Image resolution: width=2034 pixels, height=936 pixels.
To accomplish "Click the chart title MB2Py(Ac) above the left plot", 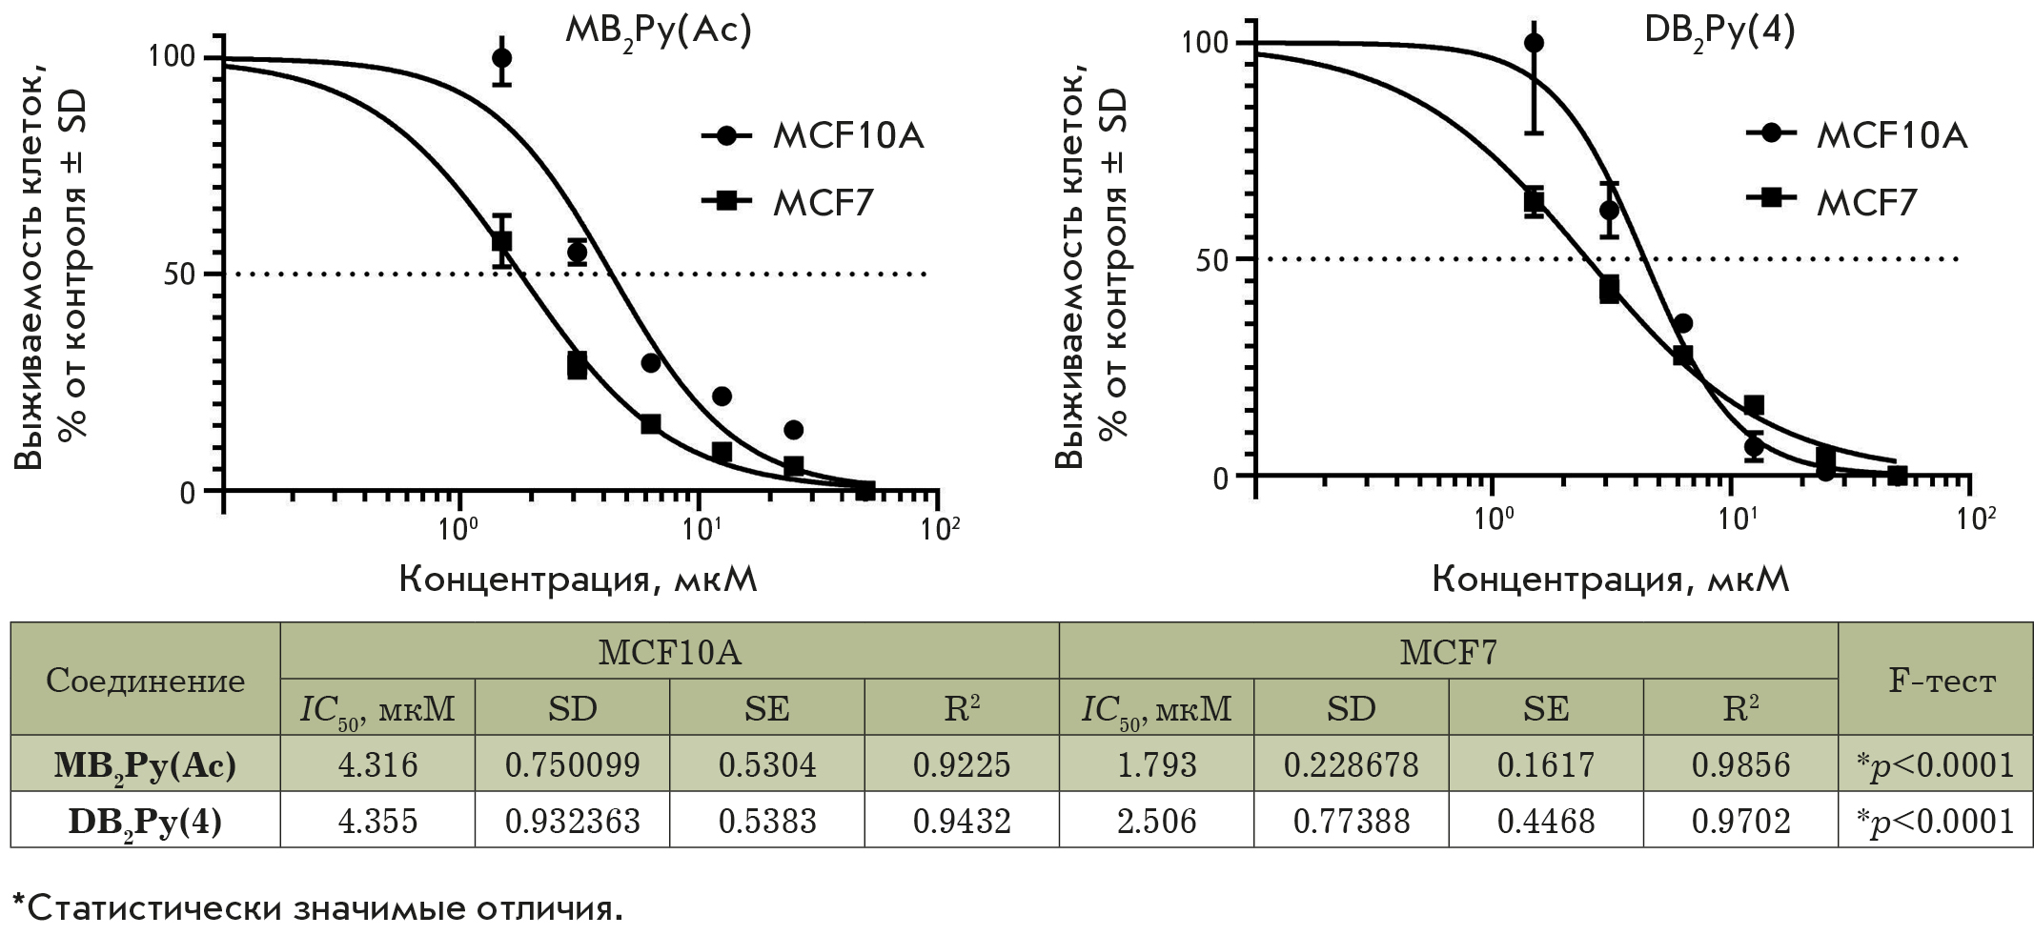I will (659, 31).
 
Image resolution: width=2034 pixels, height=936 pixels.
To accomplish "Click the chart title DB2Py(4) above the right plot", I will (1719, 31).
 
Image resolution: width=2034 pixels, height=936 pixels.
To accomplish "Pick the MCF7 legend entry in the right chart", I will (1831, 202).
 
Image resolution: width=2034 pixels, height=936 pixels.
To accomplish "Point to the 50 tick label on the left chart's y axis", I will (179, 275).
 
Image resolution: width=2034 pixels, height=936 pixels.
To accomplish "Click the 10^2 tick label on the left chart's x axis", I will (939, 527).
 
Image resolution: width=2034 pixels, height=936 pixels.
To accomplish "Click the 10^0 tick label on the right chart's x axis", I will (1494, 519).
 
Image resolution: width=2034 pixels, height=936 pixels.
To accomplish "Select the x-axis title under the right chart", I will (1610, 579).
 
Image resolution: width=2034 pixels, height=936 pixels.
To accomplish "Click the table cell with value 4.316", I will (377, 764).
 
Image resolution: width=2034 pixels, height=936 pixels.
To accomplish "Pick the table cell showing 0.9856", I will (1740, 764).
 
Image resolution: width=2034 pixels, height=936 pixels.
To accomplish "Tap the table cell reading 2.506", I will (1156, 821).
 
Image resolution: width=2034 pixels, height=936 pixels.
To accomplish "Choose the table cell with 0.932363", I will (572, 821).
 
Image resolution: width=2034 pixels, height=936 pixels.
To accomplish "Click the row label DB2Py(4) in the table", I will (145, 821).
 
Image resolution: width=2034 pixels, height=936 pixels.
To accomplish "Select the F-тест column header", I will (1935, 680).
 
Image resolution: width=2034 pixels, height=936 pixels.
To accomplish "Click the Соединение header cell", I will (145, 680).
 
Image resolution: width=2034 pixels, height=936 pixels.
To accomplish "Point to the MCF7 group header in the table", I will (1448, 652).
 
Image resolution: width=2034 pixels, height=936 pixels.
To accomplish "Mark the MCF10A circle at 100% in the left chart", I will (501, 58).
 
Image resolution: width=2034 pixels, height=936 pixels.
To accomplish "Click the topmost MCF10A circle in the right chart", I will (1534, 43).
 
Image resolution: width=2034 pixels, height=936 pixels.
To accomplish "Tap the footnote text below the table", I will (317, 908).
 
